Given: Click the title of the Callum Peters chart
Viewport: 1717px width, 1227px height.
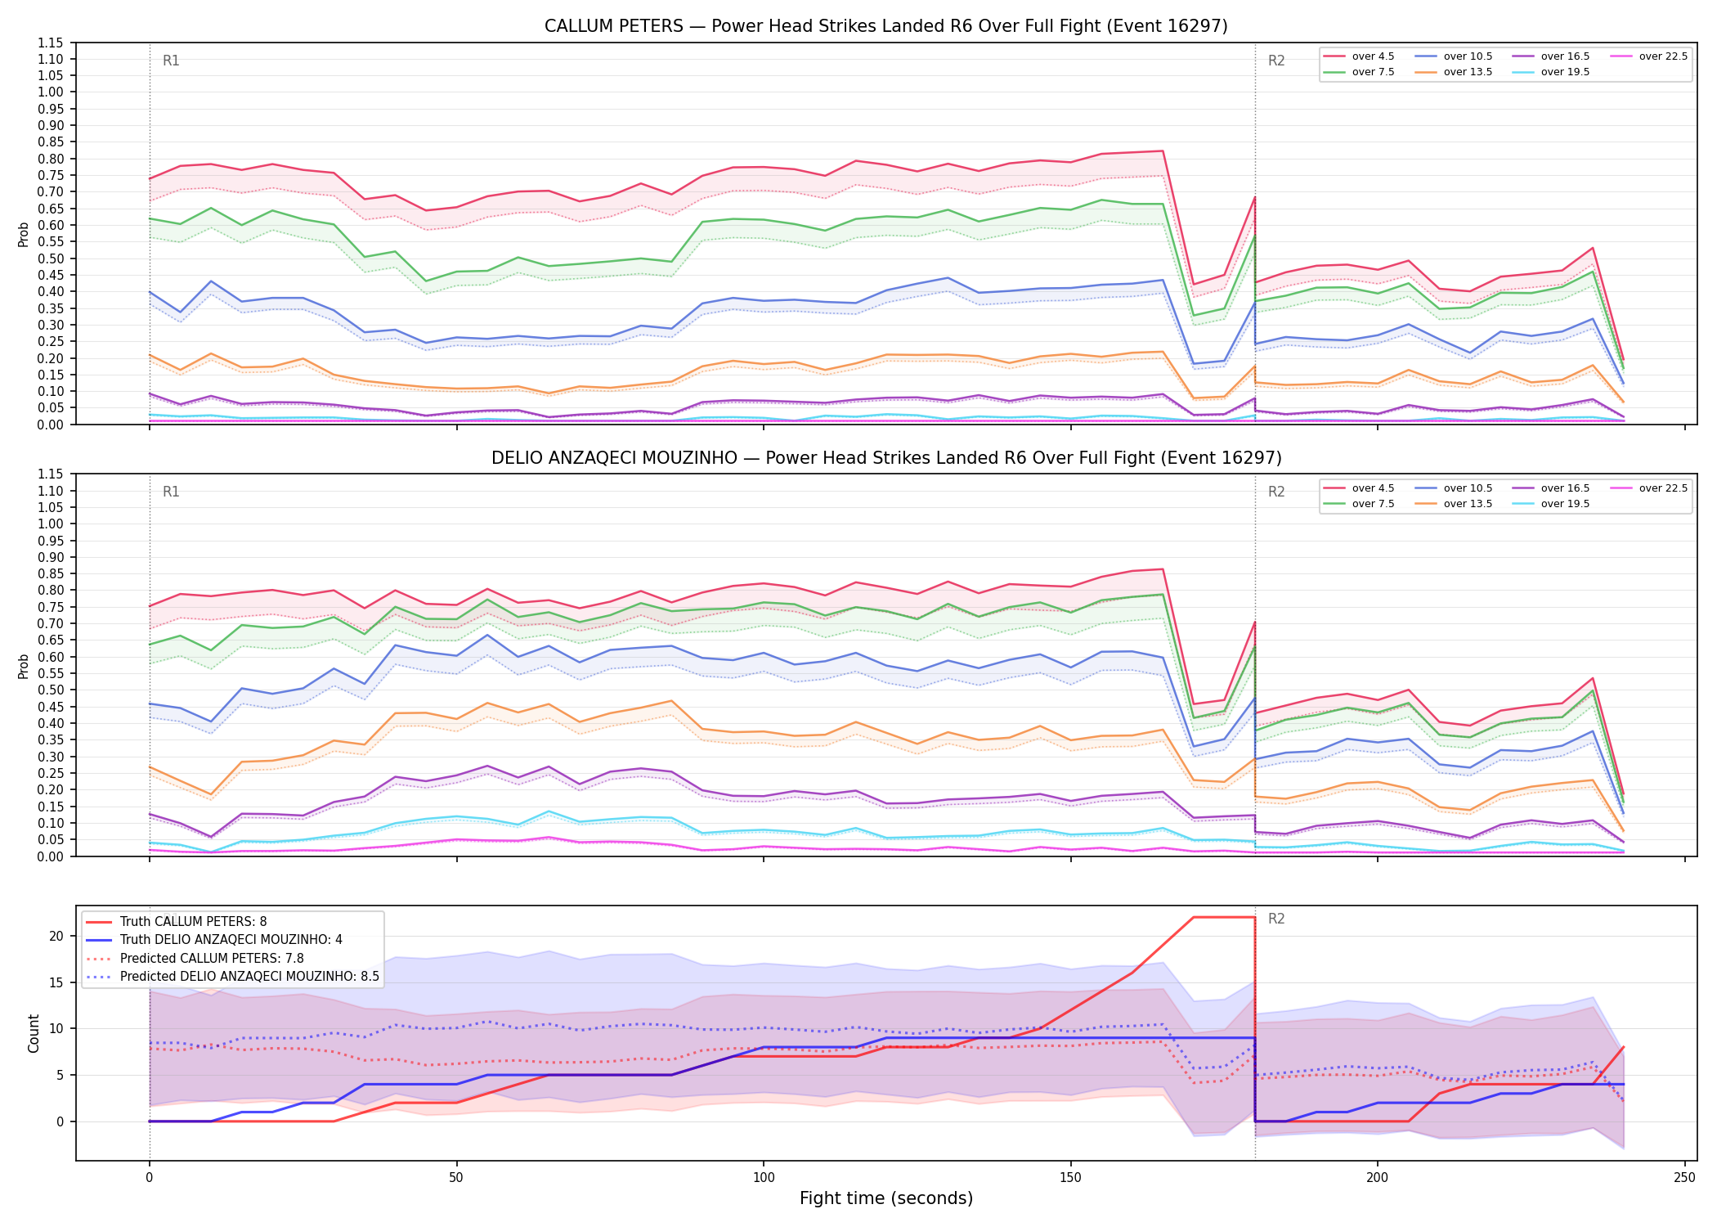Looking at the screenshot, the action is (886, 26).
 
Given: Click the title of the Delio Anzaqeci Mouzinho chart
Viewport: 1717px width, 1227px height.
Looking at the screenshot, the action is (886, 458).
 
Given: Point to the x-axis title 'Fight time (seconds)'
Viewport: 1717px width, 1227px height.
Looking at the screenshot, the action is (886, 1198).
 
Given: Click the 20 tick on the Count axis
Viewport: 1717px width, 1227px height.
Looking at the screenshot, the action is (56, 936).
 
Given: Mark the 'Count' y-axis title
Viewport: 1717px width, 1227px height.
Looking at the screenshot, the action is (34, 1033).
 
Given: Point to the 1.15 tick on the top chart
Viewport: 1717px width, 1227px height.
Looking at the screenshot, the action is (51, 43).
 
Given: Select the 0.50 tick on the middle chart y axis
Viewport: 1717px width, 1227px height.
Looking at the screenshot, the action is (51, 690).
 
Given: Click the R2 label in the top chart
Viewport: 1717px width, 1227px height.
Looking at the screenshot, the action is (1276, 61).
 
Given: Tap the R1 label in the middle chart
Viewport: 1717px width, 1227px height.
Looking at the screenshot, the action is (171, 492).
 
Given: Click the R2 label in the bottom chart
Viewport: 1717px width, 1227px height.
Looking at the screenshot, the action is (1276, 919).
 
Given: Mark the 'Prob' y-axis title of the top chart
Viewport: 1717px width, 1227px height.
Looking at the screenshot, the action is (24, 235).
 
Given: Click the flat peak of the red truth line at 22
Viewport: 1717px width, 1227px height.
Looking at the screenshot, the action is (1224, 917).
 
